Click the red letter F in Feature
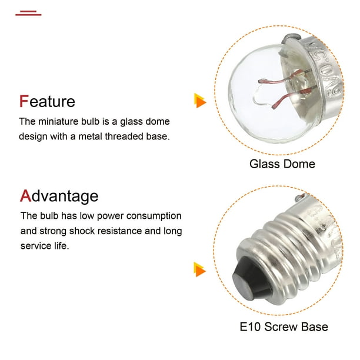pyautogui.click(x=24, y=101)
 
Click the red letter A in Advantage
pyautogui.click(x=25, y=196)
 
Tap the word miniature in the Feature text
pyautogui.click(x=58, y=121)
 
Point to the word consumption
pyautogui.click(x=154, y=216)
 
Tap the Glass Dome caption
pyautogui.click(x=282, y=164)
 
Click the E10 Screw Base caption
pyautogui.click(x=284, y=326)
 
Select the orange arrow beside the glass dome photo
pyautogui.click(x=200, y=101)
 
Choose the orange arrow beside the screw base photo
pyautogui.click(x=200, y=269)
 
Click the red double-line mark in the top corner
pyautogui.click(x=28, y=13)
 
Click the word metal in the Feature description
pyautogui.click(x=90, y=136)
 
